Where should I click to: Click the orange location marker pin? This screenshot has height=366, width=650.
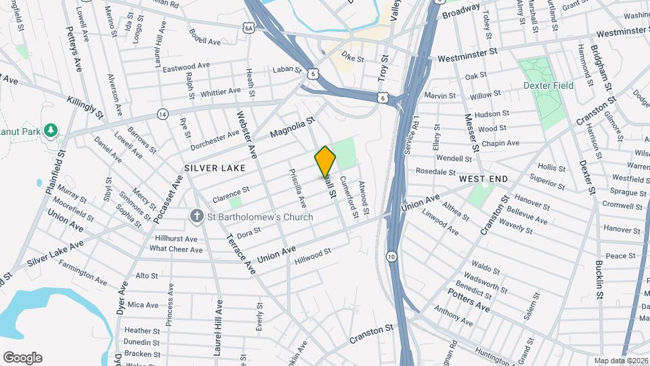(325, 162)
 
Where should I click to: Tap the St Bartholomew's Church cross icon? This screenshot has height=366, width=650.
(197, 217)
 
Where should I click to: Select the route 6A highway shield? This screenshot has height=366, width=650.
(249, 27)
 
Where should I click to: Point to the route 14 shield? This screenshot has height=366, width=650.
(162, 114)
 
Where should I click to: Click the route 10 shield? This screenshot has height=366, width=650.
(392, 256)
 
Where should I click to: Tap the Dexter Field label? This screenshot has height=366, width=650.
(548, 85)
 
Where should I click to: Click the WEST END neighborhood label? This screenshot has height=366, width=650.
(483, 178)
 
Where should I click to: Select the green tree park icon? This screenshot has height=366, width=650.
(49, 129)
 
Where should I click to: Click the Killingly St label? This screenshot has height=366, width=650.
(85, 107)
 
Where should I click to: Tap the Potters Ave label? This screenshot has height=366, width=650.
(468, 300)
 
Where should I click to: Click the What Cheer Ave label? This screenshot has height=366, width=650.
(176, 249)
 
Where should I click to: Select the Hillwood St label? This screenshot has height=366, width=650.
(312, 253)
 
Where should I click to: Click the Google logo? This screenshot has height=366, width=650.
(22, 358)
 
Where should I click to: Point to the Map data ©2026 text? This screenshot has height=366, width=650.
(620, 361)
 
